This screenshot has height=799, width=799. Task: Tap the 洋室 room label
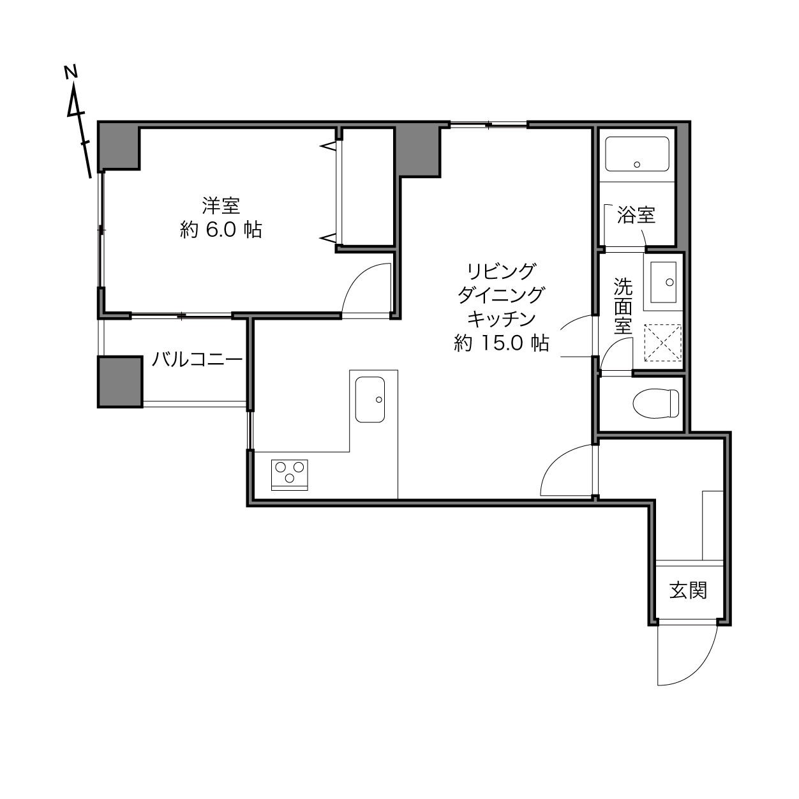[221, 205]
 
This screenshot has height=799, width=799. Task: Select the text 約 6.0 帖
[221, 230]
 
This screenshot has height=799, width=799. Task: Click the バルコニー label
[197, 359]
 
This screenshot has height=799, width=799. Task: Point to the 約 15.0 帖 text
[502, 343]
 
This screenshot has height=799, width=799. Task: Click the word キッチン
[502, 319]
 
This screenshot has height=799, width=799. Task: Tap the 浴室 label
[636, 215]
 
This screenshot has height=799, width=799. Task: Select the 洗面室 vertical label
[623, 306]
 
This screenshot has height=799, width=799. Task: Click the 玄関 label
[689, 590]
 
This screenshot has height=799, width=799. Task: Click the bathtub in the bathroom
[637, 154]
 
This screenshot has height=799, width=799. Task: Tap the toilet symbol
[656, 403]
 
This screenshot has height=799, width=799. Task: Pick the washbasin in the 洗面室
[664, 282]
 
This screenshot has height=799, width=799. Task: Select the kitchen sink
[370, 399]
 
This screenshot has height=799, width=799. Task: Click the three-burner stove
[290, 475]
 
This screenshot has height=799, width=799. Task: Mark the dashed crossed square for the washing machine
[662, 343]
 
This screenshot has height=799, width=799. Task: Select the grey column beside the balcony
[120, 382]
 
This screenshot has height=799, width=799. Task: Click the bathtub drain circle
[637, 165]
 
